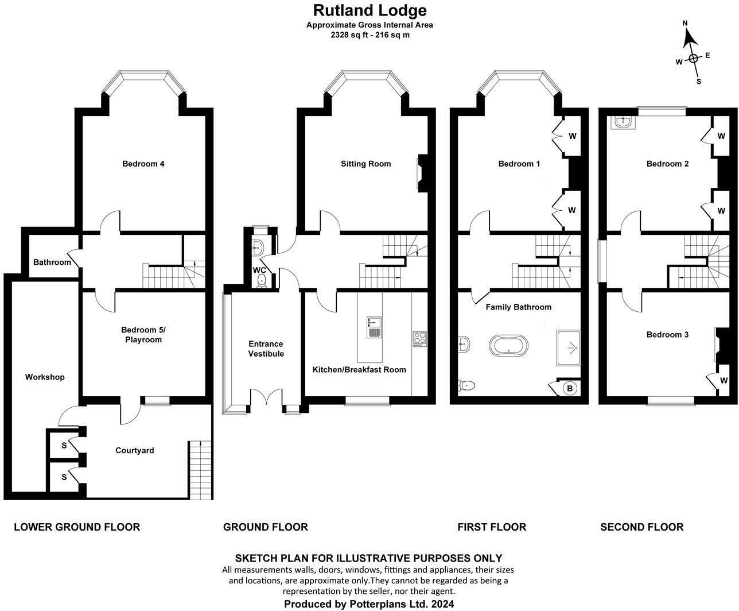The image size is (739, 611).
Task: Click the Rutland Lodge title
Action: pyautogui.click(x=369, y=10)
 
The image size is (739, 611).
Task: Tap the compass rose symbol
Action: pyautogui.click(x=693, y=57)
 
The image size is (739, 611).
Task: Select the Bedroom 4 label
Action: pyautogui.click(x=143, y=164)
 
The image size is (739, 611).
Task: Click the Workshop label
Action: pyautogui.click(x=45, y=377)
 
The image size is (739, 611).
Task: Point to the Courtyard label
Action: pyautogui.click(x=135, y=450)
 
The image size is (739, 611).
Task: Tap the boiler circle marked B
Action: pyautogui.click(x=570, y=389)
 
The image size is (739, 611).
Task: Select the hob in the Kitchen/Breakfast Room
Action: pyautogui.click(x=419, y=339)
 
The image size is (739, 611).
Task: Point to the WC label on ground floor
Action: pyautogui.click(x=260, y=270)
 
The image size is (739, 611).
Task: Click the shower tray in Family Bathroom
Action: pyautogui.click(x=568, y=348)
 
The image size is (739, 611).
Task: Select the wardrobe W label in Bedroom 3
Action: pyautogui.click(x=724, y=381)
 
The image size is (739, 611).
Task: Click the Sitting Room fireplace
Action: pyautogui.click(x=422, y=173)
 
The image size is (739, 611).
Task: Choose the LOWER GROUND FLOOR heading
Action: pyautogui.click(x=77, y=527)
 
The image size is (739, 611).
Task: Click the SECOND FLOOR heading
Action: pyautogui.click(x=641, y=527)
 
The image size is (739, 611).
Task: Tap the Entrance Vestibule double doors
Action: pyautogui.click(x=266, y=399)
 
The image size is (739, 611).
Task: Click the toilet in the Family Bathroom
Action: pyautogui.click(x=466, y=385)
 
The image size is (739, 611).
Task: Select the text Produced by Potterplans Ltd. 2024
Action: pyautogui.click(x=369, y=604)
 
